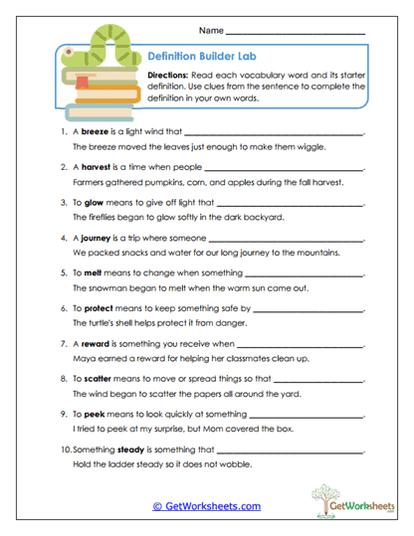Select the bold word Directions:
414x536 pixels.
[171, 77]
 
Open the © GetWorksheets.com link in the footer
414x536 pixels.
[207, 506]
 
